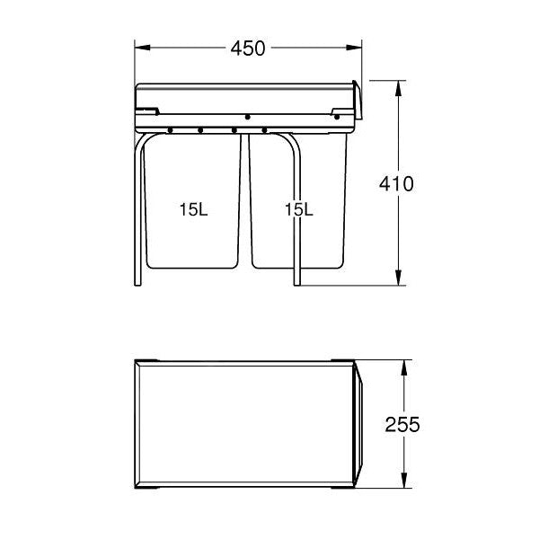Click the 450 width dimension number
point(248,49)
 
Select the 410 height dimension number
point(395,184)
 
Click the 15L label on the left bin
point(192,209)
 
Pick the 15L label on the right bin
point(297,209)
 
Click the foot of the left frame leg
point(137,283)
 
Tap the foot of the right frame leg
point(296,283)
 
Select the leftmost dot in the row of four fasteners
point(169,130)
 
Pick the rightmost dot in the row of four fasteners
point(263,130)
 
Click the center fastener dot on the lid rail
point(247,117)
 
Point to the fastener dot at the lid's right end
point(337,116)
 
